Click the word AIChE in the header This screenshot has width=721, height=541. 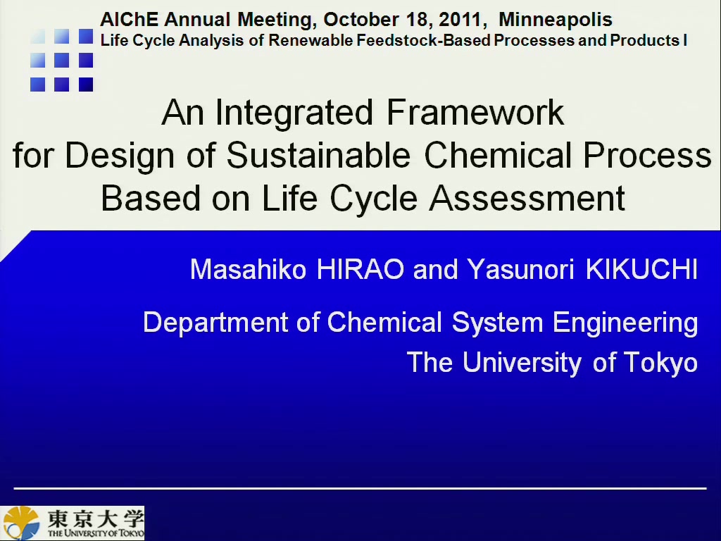130,20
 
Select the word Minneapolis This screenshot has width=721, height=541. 556,20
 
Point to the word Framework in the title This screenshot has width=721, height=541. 475,112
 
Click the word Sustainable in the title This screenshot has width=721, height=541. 318,155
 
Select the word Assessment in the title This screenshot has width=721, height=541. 527,198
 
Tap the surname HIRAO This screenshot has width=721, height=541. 360,270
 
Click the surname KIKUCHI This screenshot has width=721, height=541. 642,270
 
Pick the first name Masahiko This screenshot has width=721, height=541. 248,270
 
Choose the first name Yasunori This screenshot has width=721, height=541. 520,270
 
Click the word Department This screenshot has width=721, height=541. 215,323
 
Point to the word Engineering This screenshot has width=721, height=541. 625,323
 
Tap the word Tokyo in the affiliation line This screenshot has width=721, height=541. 660,363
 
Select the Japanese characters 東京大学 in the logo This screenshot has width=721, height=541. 96,519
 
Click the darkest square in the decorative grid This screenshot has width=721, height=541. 86,85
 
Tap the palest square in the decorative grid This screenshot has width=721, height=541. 38,37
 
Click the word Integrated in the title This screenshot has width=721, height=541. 294,112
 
